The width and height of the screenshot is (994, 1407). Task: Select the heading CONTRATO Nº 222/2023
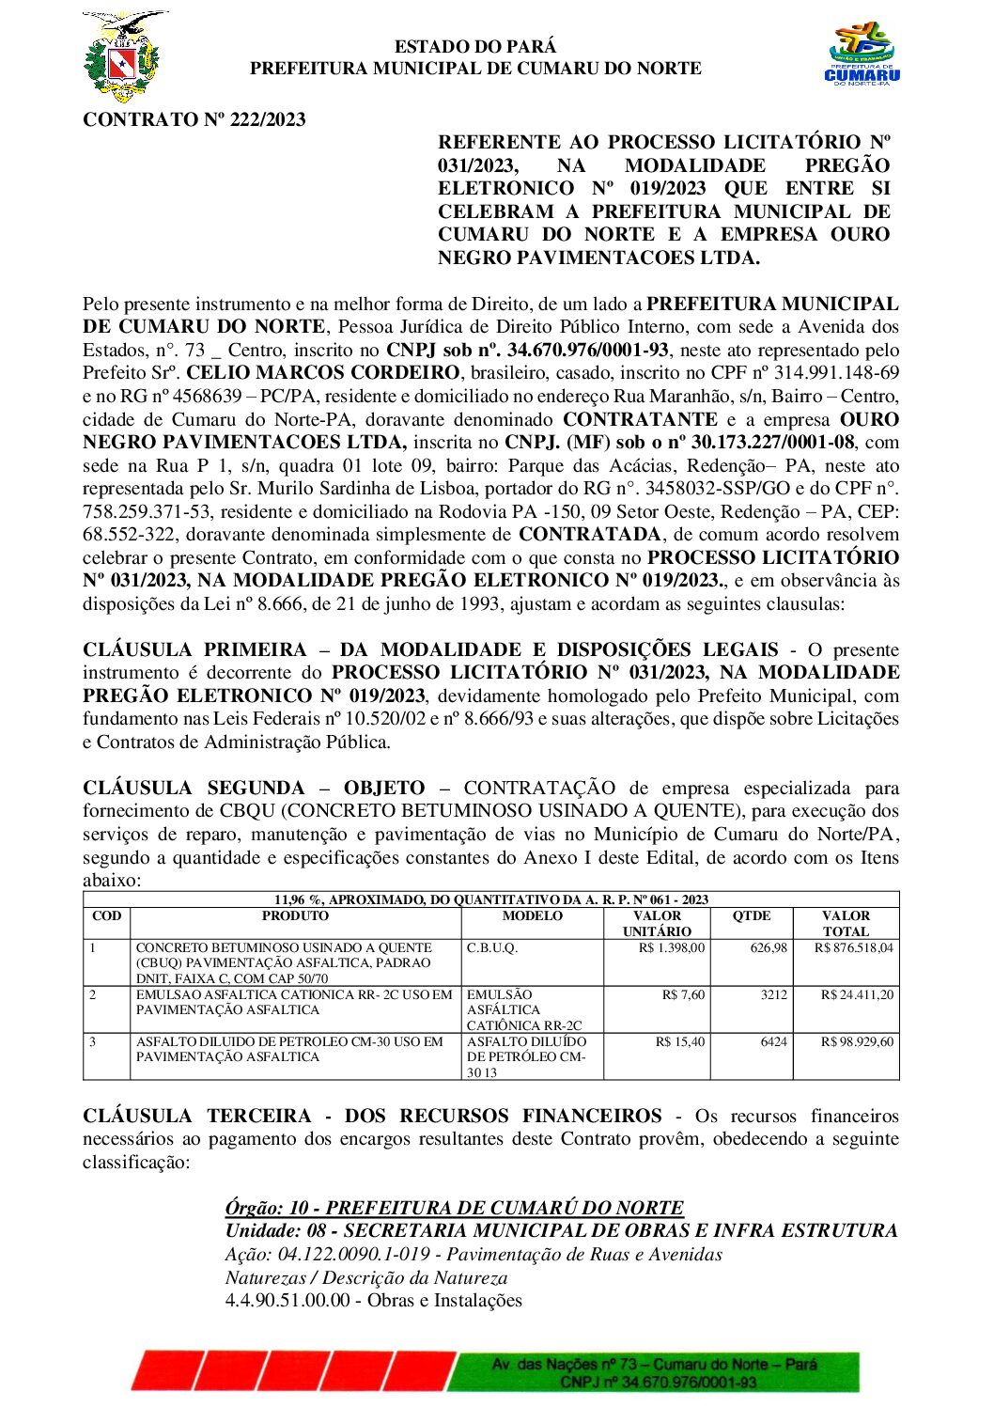[194, 119]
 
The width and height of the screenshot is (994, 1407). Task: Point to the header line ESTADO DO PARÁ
[474, 46]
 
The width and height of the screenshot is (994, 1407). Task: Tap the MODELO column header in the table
[532, 916]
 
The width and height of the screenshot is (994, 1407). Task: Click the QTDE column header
[752, 916]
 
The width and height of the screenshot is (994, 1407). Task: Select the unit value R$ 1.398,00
[671, 947]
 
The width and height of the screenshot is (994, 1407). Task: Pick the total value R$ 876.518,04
[853, 947]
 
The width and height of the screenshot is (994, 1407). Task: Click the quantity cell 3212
[773, 994]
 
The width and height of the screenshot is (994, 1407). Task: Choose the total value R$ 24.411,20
[857, 994]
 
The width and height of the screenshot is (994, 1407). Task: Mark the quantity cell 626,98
[769, 947]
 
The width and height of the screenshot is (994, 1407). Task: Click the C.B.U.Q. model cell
[491, 947]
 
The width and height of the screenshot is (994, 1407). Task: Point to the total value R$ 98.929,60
[857, 1041]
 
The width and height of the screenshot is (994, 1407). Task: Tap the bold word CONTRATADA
[589, 535]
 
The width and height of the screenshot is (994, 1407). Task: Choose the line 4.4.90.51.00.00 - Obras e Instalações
[373, 1300]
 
